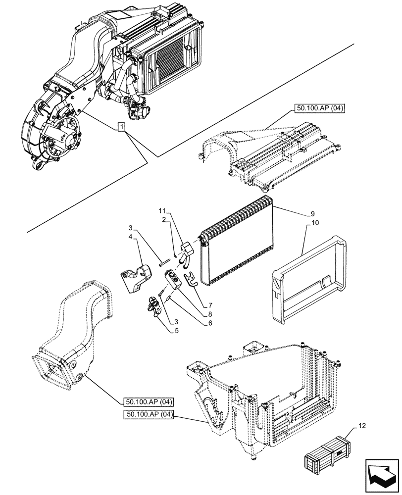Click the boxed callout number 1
coord(121,128)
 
